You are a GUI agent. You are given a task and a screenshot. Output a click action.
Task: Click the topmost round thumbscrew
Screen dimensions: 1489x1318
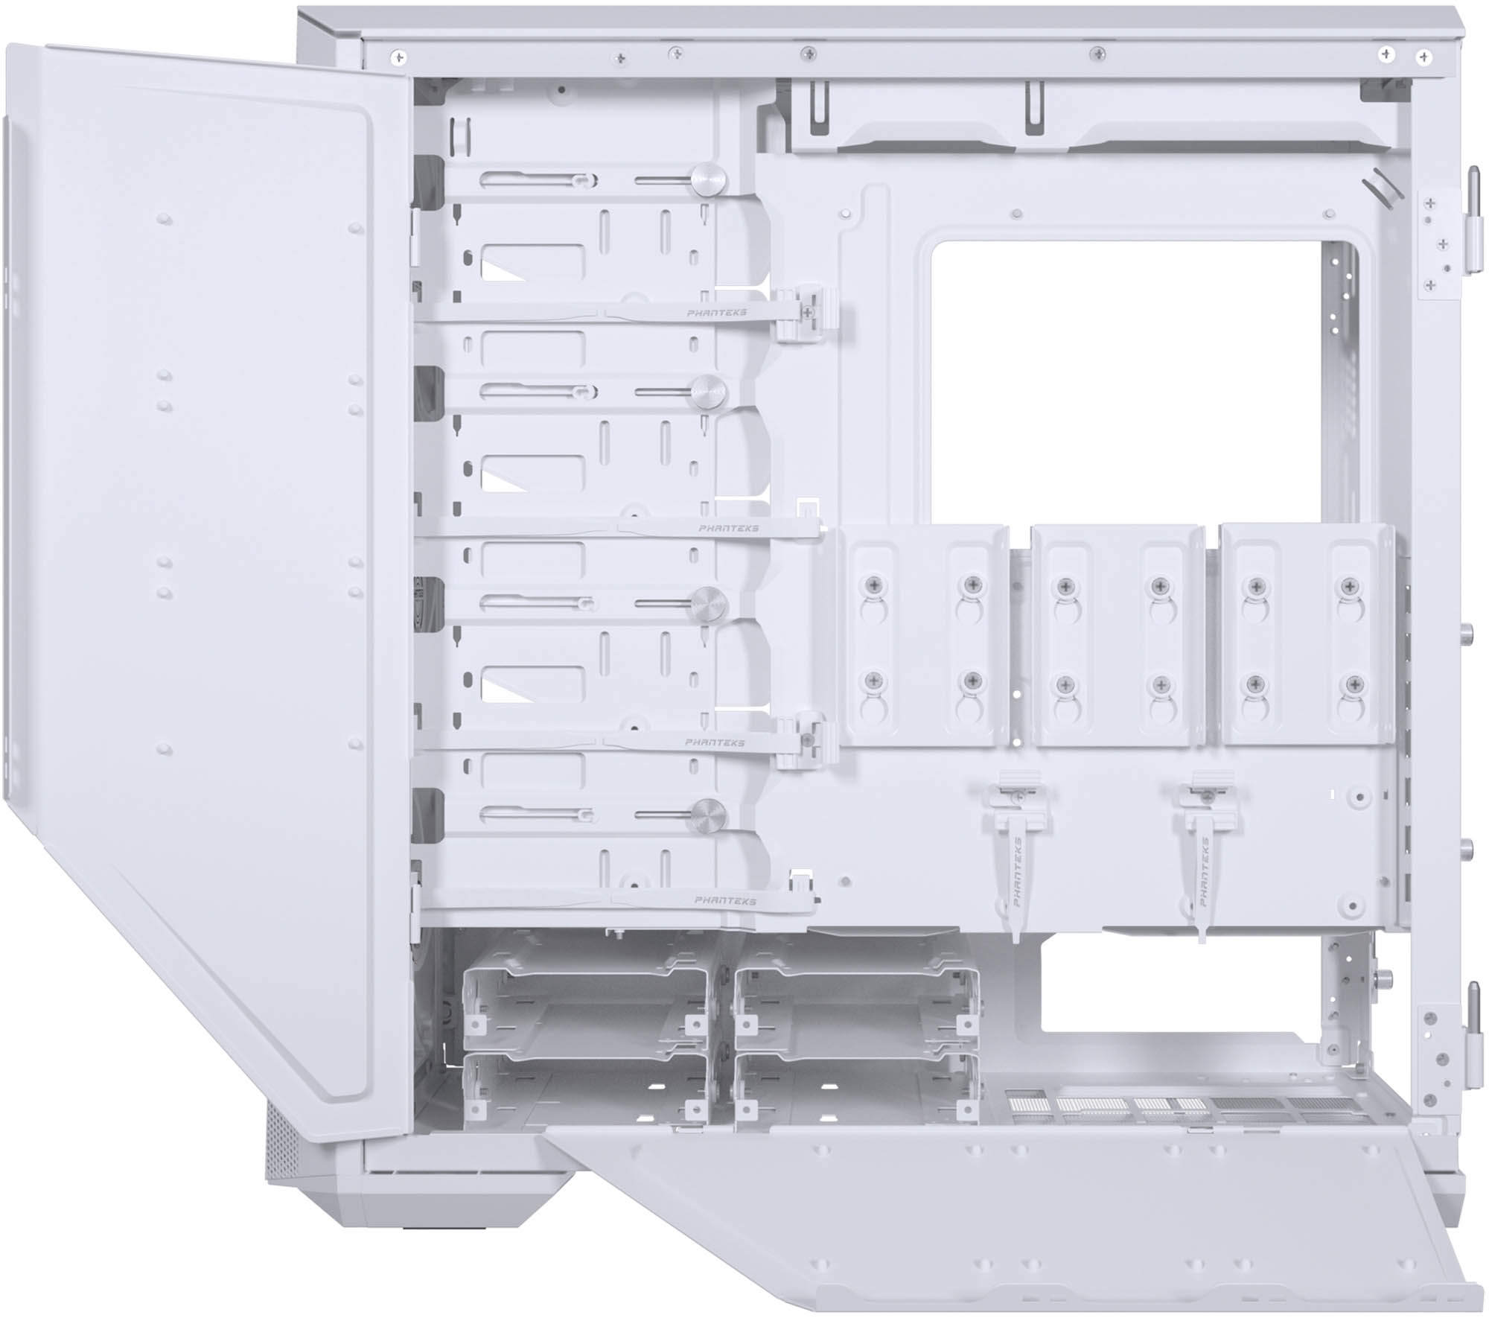coord(708,179)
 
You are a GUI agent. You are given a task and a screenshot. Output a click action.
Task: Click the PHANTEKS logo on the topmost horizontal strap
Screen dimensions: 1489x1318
coord(716,313)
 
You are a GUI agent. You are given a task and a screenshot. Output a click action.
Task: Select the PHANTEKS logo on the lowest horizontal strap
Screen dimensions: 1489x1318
coord(724,900)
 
